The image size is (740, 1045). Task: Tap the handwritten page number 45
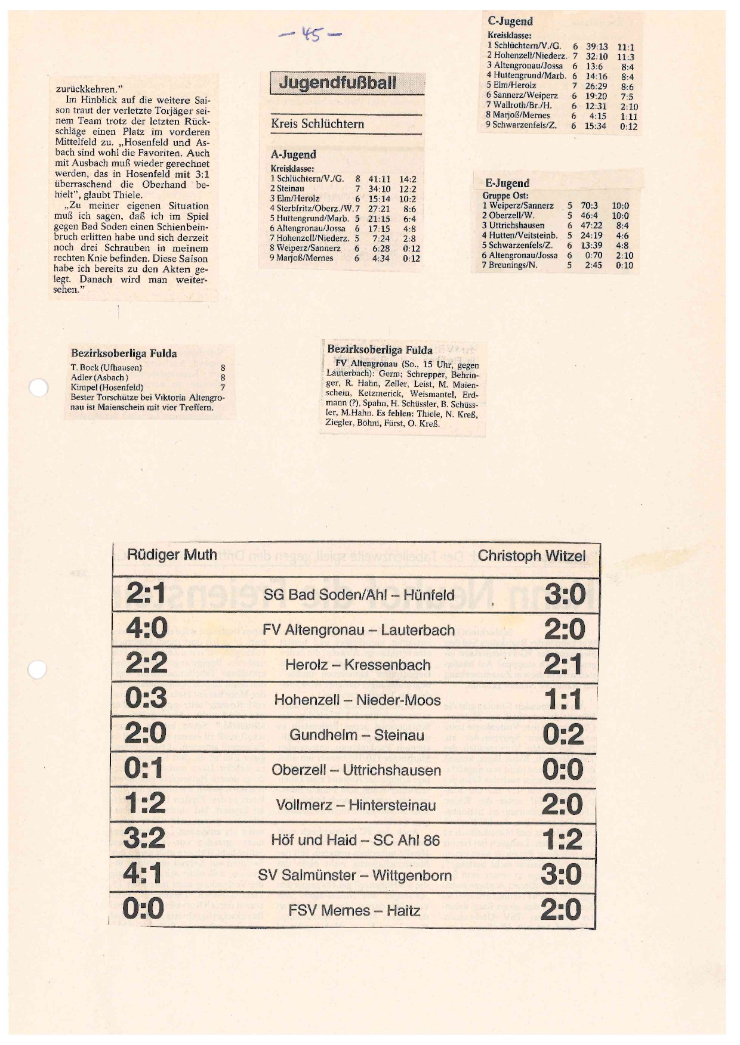point(311,34)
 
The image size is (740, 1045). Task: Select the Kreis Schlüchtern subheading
point(317,124)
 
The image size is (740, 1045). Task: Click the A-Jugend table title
point(293,154)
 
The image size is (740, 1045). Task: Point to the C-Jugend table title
point(510,21)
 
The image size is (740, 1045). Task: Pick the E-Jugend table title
point(507,183)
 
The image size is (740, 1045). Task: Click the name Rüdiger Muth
point(172,555)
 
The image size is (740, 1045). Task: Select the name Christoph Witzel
point(531,556)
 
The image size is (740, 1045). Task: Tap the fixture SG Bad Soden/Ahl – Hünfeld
point(359,595)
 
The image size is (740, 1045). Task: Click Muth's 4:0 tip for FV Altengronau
point(146,628)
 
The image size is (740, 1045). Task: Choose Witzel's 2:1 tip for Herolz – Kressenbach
point(563,664)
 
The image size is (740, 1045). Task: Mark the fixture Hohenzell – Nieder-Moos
point(357,700)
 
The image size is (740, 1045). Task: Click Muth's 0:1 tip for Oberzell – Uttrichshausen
point(144,768)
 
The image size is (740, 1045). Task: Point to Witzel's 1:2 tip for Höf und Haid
point(562,839)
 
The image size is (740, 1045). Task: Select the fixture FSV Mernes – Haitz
point(354,910)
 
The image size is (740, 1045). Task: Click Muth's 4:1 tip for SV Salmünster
point(143,874)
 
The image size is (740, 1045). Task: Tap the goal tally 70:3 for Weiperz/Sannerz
point(589,206)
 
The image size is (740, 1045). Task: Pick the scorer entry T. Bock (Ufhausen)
point(106,368)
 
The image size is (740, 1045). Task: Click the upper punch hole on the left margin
point(38,388)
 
